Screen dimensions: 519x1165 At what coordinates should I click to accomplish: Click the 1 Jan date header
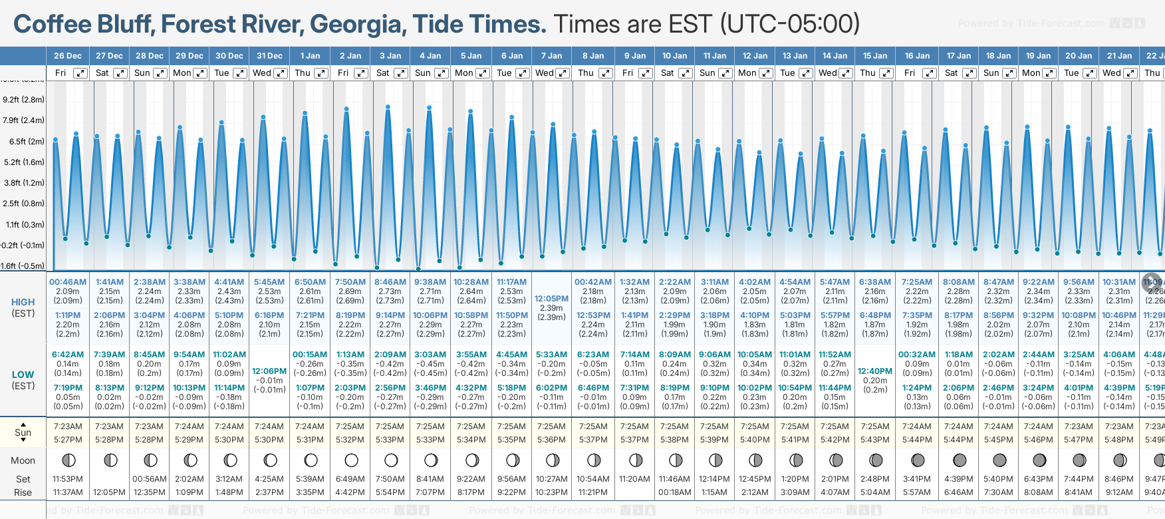pos(310,56)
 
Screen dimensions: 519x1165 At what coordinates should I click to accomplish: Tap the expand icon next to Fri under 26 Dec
pos(80,73)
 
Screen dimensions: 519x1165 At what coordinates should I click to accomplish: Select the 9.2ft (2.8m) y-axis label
pos(24,100)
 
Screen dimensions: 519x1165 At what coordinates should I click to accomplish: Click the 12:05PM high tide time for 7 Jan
pos(552,299)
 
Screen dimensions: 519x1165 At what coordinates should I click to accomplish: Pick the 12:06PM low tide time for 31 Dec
pos(269,371)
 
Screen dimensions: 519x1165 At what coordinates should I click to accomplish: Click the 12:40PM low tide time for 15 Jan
pos(875,371)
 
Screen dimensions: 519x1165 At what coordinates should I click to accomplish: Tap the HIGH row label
pos(23,302)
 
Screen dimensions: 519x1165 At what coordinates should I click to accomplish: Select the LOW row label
pos(23,375)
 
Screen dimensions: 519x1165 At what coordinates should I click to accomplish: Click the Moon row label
pos(23,460)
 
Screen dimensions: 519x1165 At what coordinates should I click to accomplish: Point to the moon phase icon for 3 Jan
pos(391,460)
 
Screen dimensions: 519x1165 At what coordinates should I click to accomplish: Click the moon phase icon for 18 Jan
pos(999,460)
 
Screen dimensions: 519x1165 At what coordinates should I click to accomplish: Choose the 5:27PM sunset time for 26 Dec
pos(68,440)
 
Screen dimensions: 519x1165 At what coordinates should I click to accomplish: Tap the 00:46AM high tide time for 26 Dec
pos(68,282)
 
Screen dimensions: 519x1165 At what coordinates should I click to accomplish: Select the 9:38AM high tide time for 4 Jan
pos(430,282)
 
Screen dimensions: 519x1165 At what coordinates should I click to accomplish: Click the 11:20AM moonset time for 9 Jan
pos(634,479)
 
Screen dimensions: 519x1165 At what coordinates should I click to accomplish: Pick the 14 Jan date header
pos(835,56)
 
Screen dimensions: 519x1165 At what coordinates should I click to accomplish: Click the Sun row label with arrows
pos(23,432)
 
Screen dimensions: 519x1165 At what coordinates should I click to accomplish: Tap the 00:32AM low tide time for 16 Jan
pos(917,355)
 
